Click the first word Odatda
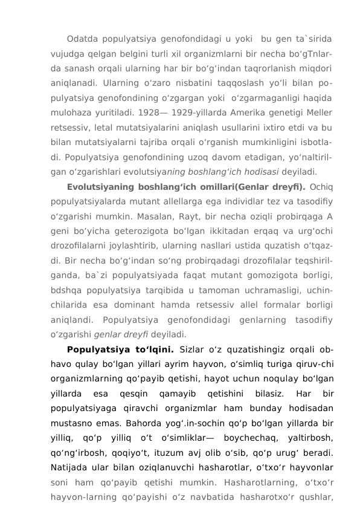pyautogui.click(x=83, y=39)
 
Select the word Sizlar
pyautogui.click(x=196, y=349)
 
